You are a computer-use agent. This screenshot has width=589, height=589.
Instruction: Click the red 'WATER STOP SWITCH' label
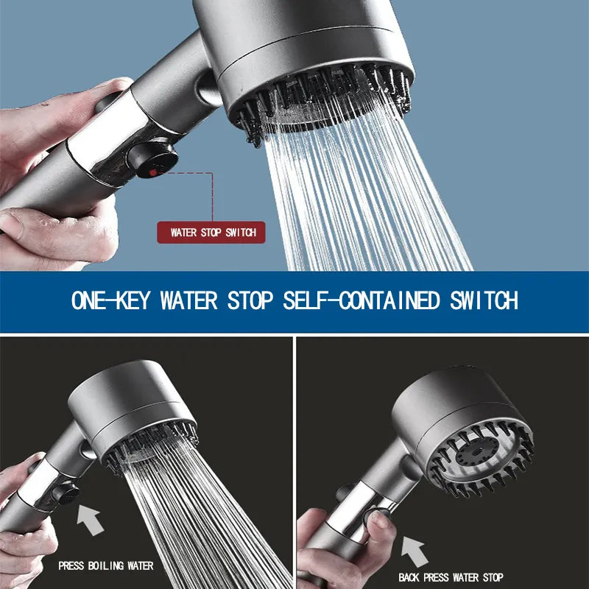(x=211, y=233)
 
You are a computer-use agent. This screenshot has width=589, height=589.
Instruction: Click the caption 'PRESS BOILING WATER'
(x=106, y=566)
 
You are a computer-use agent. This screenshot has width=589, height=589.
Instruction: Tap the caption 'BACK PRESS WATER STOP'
(x=451, y=577)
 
